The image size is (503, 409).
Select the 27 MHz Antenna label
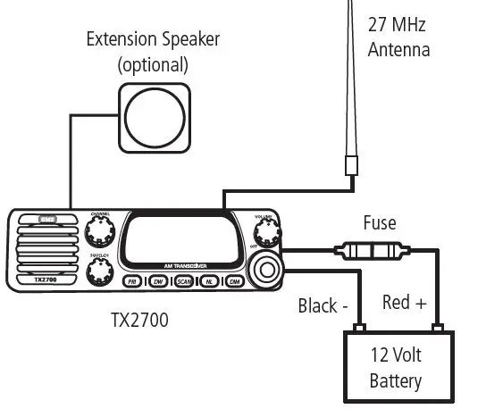coord(398,36)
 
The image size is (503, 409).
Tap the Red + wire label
coord(404,303)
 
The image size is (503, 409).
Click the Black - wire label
coord(323,306)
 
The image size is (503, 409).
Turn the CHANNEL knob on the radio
coord(99,233)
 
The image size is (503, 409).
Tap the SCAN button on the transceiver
coord(183,281)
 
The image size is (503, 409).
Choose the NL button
coord(209,281)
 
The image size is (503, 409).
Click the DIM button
coord(235,281)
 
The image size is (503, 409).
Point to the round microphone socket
coord(265,269)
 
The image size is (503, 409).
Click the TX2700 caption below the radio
coord(138,319)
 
